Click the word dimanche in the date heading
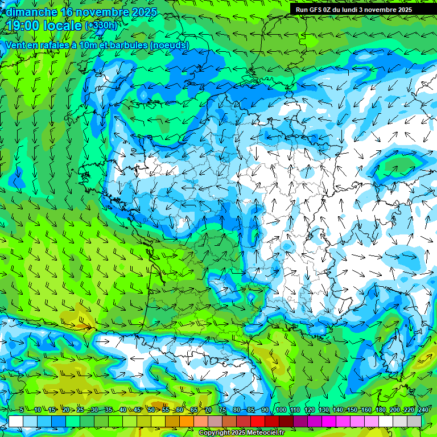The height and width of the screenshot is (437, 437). pos(31,12)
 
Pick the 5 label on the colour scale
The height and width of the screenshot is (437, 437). pos(22,410)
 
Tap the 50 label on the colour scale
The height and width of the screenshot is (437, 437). pos(151,410)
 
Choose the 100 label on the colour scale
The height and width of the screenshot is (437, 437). pos(281,410)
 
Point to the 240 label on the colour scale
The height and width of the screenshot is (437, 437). pos(423,410)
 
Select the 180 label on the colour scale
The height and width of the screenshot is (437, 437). pos(380,410)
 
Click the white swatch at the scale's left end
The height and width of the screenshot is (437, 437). pos(15,421)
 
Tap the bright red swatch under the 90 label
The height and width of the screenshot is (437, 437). pos(258,421)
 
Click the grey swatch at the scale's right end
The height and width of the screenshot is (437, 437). pos(414,421)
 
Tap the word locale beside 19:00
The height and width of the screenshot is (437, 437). pos(61,26)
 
